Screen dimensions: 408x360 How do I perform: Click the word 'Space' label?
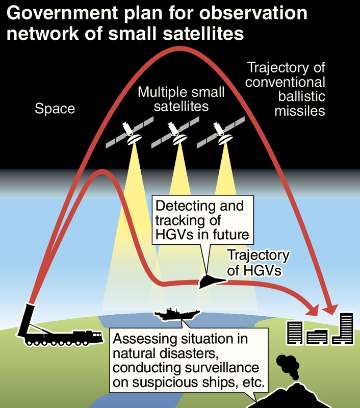click(x=55, y=108)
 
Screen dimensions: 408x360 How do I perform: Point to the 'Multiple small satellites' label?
click(x=174, y=99)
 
